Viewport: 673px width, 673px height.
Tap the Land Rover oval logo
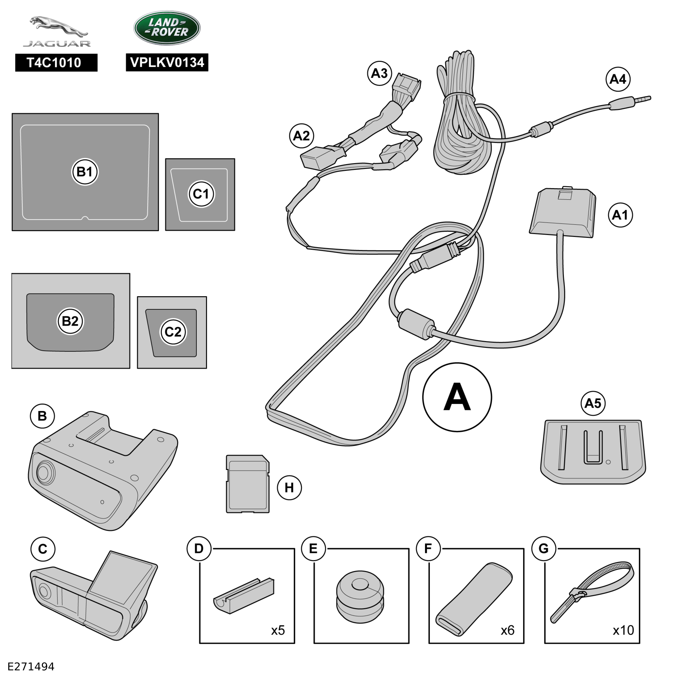pyautogui.click(x=167, y=28)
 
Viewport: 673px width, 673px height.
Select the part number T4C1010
pyautogui.click(x=56, y=63)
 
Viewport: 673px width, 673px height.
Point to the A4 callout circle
pyautogui.click(x=618, y=79)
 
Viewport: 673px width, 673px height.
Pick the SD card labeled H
pyautogui.click(x=248, y=484)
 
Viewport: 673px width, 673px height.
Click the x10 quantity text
pyautogui.click(x=623, y=630)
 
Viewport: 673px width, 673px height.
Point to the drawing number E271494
pyautogui.click(x=31, y=666)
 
